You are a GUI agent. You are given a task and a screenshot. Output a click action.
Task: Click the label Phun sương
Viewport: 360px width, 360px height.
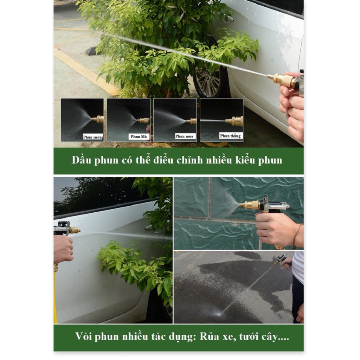[93, 137]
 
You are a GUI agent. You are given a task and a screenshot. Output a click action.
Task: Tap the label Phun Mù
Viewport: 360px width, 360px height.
[139, 136]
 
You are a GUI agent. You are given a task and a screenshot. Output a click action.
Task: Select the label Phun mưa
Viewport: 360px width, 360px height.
[185, 136]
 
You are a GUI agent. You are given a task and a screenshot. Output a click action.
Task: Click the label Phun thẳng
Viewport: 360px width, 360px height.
[230, 136]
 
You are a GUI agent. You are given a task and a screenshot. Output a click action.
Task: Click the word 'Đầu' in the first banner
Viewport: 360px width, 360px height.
[81, 160]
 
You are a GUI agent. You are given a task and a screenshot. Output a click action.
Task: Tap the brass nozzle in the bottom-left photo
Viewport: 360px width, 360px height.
[75, 230]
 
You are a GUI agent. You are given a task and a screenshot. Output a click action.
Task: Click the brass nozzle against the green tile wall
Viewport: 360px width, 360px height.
[250, 205]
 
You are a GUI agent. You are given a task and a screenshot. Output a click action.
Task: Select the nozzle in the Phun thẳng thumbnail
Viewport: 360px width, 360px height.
[235, 121]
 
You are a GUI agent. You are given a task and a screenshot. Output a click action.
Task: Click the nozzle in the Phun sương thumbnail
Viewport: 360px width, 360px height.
[98, 120]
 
